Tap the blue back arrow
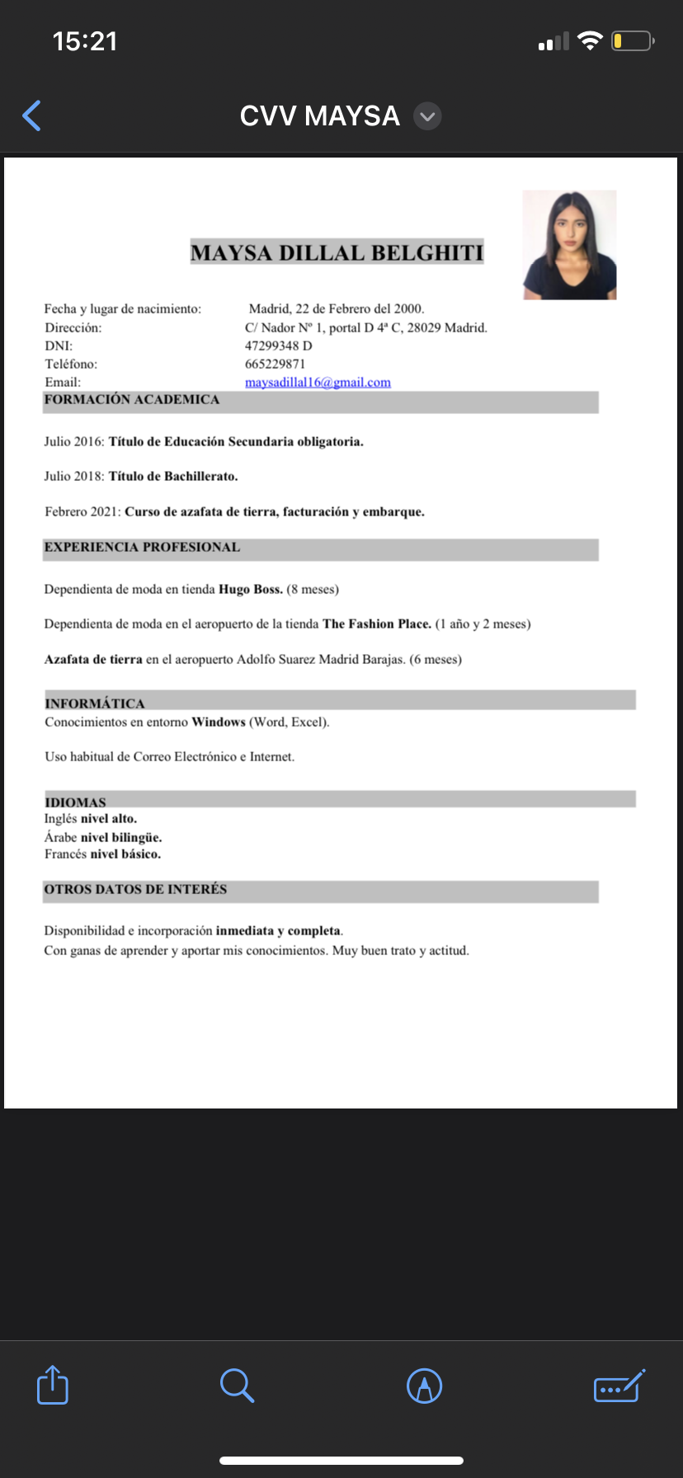(32, 116)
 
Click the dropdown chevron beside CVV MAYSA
(427, 116)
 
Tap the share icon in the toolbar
(53, 1385)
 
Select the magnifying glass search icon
(237, 1385)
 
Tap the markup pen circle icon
(425, 1386)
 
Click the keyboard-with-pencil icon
(619, 1386)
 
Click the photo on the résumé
(569, 245)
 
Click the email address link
(318, 383)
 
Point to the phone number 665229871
(275, 364)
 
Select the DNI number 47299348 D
(278, 346)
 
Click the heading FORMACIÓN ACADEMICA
(132, 400)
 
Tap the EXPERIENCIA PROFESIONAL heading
(142, 548)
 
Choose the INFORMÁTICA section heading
(95, 704)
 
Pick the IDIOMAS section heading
(75, 803)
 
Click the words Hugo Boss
(251, 590)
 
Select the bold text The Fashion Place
(377, 624)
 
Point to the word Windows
(219, 723)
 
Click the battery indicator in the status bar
(632, 40)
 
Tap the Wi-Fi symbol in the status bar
(590, 40)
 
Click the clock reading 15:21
(85, 41)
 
